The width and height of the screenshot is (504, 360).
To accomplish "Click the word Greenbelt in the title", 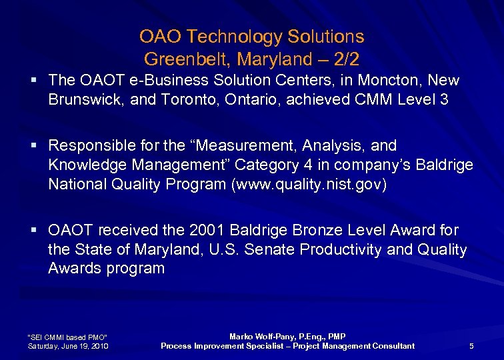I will (175, 59).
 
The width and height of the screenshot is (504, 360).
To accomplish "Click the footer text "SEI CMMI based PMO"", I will (67, 337).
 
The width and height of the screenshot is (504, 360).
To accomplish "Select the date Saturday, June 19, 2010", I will (69, 346).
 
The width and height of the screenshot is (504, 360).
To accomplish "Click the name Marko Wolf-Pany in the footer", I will (259, 337).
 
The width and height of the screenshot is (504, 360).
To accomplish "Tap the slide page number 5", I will (471, 346).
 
